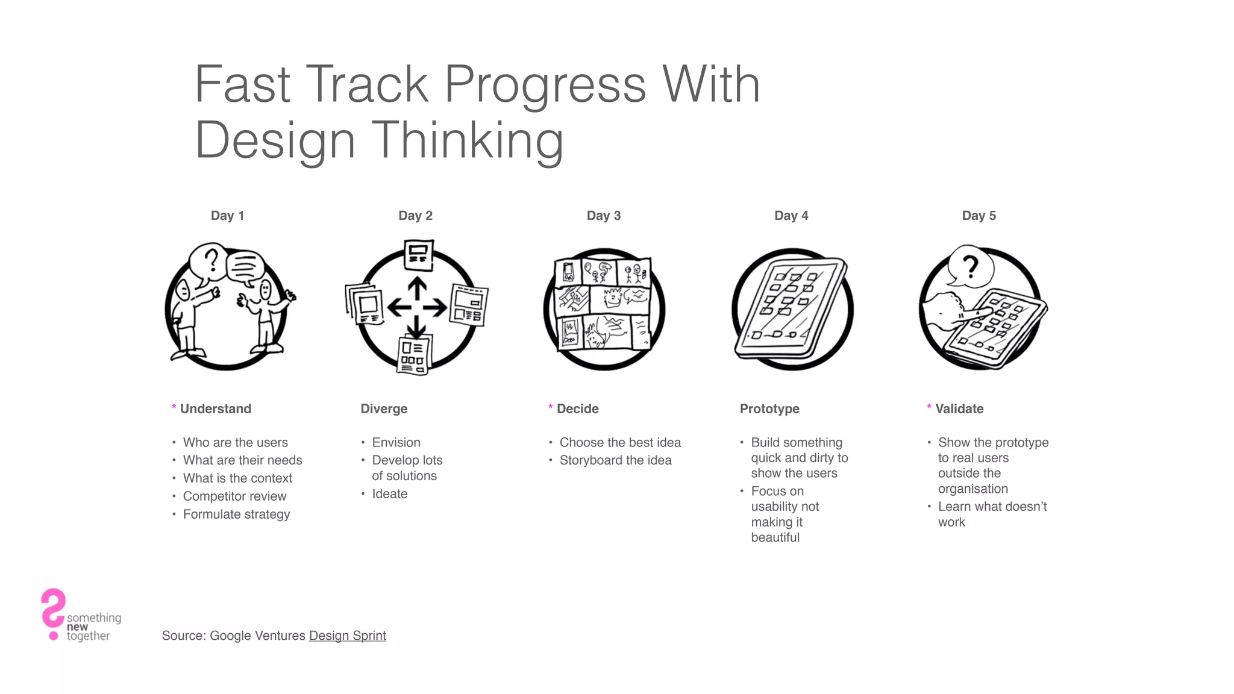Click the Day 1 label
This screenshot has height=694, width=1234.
click(227, 216)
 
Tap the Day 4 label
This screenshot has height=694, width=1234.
click(791, 216)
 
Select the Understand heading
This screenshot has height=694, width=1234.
click(216, 408)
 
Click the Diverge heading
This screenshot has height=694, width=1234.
click(384, 408)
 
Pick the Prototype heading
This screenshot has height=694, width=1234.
click(769, 408)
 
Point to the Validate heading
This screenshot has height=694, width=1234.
click(959, 408)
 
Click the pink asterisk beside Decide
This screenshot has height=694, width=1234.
click(550, 407)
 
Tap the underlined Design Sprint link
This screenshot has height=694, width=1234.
click(347, 636)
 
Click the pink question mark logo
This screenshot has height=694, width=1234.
click(53, 611)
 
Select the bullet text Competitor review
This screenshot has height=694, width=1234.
click(234, 496)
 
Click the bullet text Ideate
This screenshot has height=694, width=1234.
click(390, 494)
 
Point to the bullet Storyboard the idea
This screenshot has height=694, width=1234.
click(615, 460)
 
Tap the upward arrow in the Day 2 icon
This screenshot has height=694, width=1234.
click(417, 289)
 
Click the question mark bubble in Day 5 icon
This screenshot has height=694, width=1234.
click(969, 266)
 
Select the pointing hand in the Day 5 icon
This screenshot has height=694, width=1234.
click(952, 310)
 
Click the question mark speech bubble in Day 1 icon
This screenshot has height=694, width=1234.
click(210, 261)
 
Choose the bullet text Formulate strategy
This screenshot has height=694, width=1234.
click(236, 514)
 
